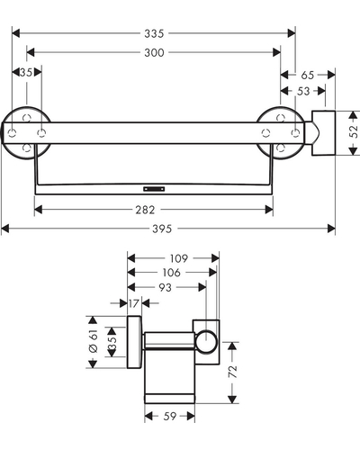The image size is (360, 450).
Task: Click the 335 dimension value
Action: (154, 33)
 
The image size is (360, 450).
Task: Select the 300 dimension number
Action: (154, 52)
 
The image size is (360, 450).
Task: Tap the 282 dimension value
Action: (145, 210)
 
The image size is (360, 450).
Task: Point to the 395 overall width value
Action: (162, 229)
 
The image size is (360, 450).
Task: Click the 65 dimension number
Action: (308, 75)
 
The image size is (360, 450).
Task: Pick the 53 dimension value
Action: (303, 91)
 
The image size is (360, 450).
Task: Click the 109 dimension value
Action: (179, 258)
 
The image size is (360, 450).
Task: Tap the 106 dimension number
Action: (172, 273)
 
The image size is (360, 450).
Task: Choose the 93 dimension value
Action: (165, 287)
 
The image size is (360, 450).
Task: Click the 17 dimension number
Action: (134, 303)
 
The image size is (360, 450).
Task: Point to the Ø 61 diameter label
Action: (94, 341)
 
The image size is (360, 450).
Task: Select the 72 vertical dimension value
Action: (233, 372)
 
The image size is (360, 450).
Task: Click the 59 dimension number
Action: (170, 416)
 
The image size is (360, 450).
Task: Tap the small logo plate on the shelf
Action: (154, 189)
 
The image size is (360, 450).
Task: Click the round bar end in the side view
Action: (206, 341)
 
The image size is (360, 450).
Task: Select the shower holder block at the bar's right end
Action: (323, 133)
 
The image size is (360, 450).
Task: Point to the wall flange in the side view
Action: (134, 342)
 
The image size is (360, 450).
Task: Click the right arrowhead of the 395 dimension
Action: (331, 229)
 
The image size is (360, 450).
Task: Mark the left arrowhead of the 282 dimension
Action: (39, 210)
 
